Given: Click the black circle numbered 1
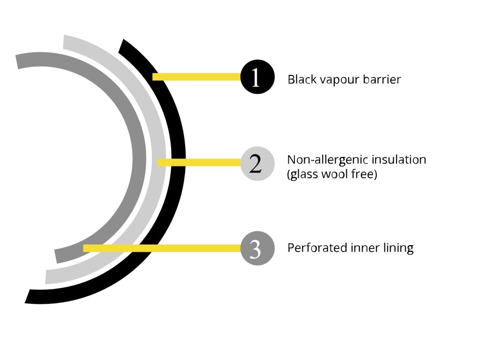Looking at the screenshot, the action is point(256,77).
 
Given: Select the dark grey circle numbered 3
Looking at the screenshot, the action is point(256,249).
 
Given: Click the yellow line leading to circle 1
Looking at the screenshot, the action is point(197,76).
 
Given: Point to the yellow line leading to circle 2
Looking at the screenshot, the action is point(199,162).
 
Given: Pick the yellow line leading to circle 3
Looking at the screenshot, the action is point(162,248).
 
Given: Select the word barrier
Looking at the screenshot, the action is point(382,80).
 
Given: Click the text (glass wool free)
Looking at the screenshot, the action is point(332,175).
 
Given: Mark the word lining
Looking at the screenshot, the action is point(398,248).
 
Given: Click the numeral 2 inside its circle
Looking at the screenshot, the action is point(255,164).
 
